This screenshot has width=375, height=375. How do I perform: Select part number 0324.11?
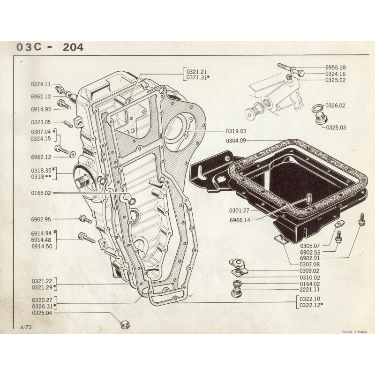tap(41, 84)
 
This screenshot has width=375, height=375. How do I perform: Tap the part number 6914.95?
tap(41, 109)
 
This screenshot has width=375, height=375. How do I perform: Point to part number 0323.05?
tap(41, 121)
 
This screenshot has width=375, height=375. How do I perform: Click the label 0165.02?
tap(41, 193)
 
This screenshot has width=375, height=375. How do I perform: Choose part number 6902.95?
tap(41, 218)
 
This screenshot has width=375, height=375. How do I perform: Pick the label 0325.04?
tap(41, 313)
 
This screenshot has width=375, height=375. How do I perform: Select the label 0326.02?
tap(336, 105)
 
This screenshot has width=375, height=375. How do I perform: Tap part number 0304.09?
tap(238, 140)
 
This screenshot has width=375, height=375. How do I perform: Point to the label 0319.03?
tap(223, 131)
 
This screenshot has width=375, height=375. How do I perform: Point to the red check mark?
tap(189, 296)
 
